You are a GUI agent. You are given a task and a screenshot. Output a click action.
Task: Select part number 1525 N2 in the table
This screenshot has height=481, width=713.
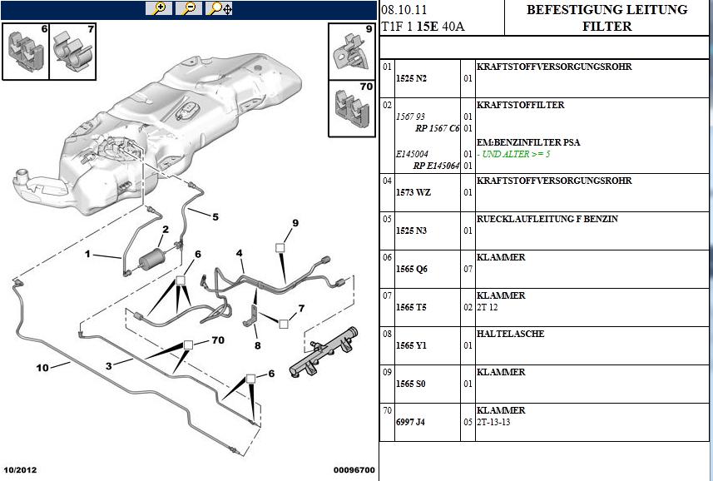410,77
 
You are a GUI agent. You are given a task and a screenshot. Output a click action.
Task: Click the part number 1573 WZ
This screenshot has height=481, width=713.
412,192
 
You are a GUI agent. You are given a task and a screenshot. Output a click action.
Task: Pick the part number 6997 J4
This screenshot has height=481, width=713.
410,422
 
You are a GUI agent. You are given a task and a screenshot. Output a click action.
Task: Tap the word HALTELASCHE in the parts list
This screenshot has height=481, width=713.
511,334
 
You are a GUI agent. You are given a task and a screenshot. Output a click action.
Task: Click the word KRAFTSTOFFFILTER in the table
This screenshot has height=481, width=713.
520,105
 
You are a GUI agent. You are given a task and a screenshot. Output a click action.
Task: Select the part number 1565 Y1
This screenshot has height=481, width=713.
410,345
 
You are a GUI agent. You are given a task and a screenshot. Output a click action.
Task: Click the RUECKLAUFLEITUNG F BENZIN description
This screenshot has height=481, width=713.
546,219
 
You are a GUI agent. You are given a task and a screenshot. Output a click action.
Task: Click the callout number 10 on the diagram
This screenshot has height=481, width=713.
42,367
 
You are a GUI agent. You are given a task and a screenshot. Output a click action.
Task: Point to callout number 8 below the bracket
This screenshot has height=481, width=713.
257,345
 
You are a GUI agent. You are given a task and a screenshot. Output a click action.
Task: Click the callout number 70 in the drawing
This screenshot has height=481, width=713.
217,340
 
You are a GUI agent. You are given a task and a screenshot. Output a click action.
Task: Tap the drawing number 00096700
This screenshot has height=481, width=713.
354,470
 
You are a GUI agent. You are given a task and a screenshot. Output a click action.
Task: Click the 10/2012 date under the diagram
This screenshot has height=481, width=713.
22,470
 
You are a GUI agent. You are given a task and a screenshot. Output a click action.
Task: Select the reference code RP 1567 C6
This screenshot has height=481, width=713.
437,128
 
